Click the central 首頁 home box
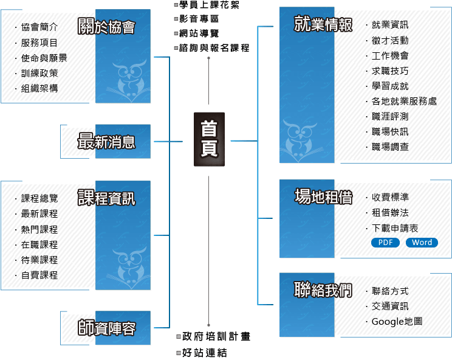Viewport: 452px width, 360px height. click(209, 139)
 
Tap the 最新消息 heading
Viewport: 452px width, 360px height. click(106, 142)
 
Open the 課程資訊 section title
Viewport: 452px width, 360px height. click(106, 198)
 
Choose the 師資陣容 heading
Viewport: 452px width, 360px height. click(106, 328)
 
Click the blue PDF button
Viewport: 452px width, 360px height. click(385, 243)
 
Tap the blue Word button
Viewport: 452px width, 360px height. click(422, 243)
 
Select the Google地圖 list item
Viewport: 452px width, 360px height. click(397, 321)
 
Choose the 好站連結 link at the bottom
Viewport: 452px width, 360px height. click(205, 352)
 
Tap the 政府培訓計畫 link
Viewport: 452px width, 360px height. click(216, 336)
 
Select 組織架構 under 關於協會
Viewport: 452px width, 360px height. click(39, 88)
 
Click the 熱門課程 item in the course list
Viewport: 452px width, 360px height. click(39, 229)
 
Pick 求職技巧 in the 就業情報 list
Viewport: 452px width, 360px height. click(390, 71)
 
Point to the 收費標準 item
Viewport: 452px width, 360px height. click(390, 197)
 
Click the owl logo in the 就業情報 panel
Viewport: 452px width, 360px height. click(300, 137)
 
